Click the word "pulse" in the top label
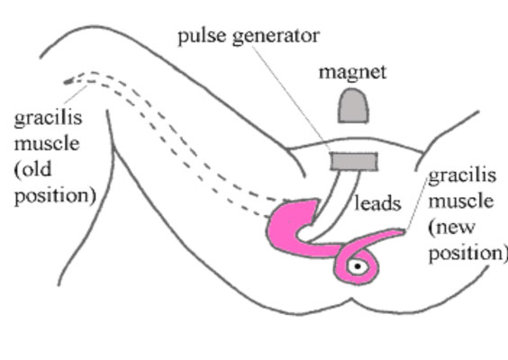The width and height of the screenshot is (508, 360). click(202, 36)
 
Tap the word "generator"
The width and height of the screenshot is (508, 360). click(276, 37)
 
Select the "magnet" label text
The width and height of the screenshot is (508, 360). click(352, 72)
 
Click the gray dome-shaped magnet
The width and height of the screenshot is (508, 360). click(353, 106)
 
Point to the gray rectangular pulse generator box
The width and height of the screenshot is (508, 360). click(354, 161)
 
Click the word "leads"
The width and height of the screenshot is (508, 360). click(377, 203)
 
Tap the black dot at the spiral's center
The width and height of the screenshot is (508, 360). click(358, 266)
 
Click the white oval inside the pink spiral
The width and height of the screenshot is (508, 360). click(358, 266)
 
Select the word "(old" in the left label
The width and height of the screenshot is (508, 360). click(32, 169)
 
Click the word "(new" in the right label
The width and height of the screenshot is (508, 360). click(451, 228)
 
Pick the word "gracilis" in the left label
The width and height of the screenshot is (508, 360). click(48, 118)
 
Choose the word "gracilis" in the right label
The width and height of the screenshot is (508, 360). click(462, 176)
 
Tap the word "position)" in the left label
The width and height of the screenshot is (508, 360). click(55, 196)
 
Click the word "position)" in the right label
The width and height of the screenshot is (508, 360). click(467, 253)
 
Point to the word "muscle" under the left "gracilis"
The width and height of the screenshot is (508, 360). click(47, 143)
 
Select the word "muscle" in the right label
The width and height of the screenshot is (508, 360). click(461, 202)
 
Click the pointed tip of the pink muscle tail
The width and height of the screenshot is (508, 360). click(404, 231)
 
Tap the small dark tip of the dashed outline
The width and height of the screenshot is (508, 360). click(68, 82)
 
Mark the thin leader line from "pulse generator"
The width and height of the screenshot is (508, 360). click(291, 99)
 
